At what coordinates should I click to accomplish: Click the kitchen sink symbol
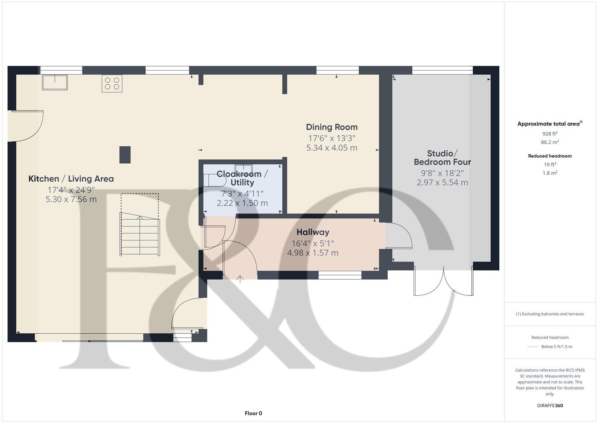click(55, 82)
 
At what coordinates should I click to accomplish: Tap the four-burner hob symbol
click(112, 83)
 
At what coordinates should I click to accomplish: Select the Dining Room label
click(332, 127)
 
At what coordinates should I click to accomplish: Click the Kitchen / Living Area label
click(71, 179)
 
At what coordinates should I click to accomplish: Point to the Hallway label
click(313, 232)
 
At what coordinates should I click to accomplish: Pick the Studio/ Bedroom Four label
click(442, 157)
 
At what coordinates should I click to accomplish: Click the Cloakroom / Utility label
click(242, 178)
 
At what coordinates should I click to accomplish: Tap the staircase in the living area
click(140, 235)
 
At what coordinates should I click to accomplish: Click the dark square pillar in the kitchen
click(125, 154)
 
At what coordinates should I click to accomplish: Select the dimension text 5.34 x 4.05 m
click(332, 148)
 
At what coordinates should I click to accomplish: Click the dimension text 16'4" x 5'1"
click(313, 243)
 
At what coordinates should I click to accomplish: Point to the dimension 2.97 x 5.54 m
click(442, 182)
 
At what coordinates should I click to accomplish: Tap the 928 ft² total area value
click(550, 134)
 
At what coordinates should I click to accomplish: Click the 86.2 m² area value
click(550, 142)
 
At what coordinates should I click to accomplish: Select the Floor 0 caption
click(253, 413)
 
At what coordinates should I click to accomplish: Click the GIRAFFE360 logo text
click(550, 405)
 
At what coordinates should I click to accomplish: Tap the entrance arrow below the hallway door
click(240, 279)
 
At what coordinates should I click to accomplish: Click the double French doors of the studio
click(443, 281)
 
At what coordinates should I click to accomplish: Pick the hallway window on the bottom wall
click(340, 275)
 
